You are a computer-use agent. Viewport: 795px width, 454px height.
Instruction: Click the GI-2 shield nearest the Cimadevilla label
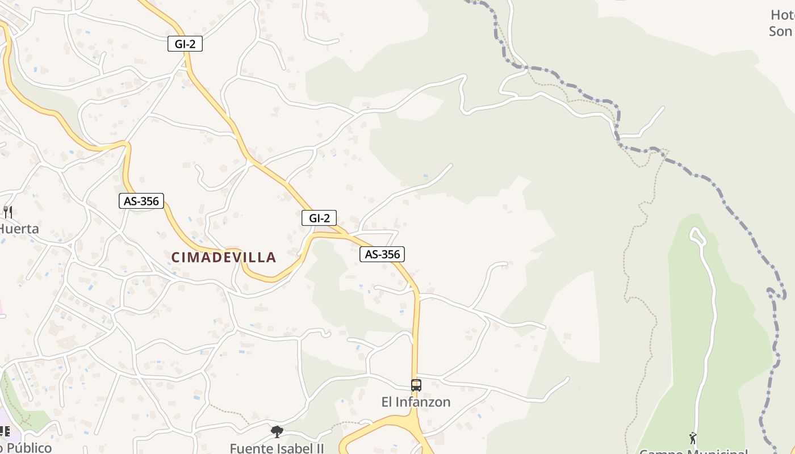(x=319, y=218)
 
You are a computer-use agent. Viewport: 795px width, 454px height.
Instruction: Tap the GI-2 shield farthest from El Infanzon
(x=185, y=44)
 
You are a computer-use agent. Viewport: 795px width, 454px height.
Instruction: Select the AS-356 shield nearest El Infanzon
(x=382, y=254)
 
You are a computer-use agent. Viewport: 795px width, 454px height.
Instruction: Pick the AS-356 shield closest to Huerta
(x=141, y=201)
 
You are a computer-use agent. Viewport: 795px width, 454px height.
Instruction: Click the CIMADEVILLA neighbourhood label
(x=224, y=258)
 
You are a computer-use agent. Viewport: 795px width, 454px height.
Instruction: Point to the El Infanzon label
(x=416, y=402)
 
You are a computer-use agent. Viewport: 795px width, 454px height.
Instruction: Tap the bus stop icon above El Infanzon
(x=416, y=385)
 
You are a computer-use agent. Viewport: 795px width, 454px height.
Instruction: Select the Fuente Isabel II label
(x=277, y=448)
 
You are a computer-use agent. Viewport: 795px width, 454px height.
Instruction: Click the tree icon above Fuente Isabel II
(x=277, y=432)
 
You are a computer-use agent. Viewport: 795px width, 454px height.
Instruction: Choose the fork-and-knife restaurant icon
(x=8, y=212)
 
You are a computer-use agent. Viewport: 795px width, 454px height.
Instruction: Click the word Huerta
(x=19, y=229)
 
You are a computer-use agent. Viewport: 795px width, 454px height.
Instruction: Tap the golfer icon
(x=693, y=438)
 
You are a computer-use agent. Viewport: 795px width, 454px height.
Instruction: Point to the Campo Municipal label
(x=693, y=451)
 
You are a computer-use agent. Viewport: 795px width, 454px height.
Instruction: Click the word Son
(x=780, y=31)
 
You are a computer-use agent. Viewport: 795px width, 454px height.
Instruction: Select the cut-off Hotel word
(x=783, y=15)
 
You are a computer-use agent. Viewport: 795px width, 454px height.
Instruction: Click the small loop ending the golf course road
(x=697, y=236)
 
